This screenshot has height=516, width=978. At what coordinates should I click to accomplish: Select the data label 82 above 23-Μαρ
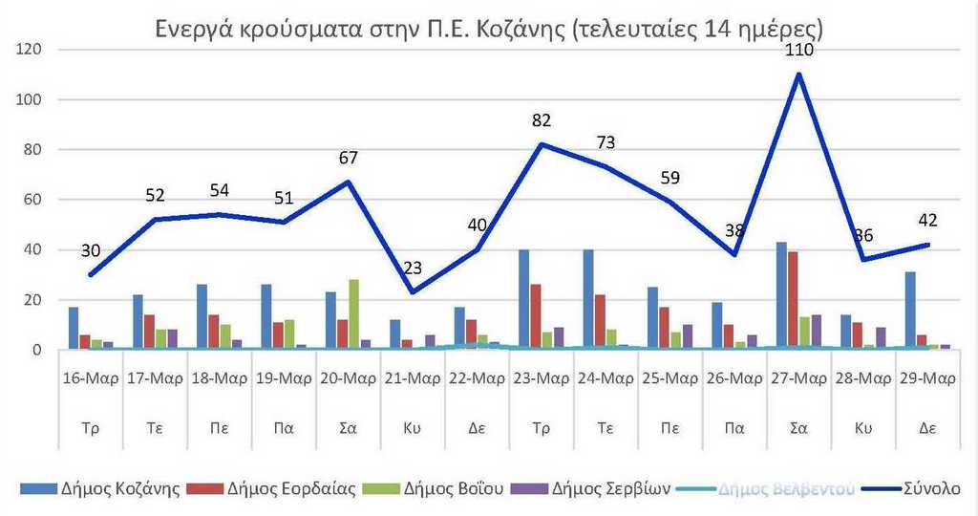click(542, 121)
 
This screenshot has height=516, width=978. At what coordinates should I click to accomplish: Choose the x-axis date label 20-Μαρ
click(349, 376)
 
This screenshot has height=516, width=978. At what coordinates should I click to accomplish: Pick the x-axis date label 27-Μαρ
click(798, 376)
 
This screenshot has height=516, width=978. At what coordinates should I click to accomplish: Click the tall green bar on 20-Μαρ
click(354, 314)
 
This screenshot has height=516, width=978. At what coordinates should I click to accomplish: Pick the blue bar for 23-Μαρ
click(523, 299)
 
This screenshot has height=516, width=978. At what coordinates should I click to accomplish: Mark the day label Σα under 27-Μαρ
click(798, 428)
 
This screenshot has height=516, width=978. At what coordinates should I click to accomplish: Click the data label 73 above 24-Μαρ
click(606, 143)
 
